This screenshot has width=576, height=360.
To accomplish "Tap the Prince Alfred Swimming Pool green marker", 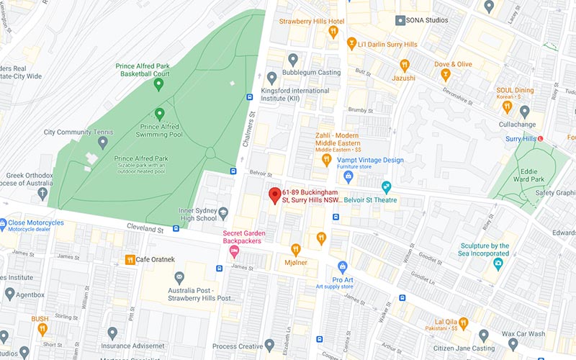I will click(160, 114).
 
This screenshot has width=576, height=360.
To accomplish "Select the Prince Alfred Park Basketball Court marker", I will click(158, 84).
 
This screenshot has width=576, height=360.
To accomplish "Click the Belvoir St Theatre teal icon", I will click(387, 187).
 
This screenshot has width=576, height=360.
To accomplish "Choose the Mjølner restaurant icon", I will click(295, 250).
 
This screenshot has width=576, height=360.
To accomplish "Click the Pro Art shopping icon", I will click(343, 267).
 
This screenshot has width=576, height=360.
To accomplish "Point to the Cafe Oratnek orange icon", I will click(130, 260).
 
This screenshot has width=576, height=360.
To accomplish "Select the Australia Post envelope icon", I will click(179, 277).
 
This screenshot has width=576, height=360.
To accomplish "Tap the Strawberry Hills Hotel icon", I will click(332, 32).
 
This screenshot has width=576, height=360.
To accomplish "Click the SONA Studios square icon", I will click(400, 21).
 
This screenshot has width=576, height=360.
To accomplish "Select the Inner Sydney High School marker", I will click(223, 213).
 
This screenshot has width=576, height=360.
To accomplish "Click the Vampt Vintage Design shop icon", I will click(348, 174).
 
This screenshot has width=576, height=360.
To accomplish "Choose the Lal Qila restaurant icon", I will click(464, 323).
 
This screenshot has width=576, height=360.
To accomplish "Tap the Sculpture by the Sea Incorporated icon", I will click(498, 264).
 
